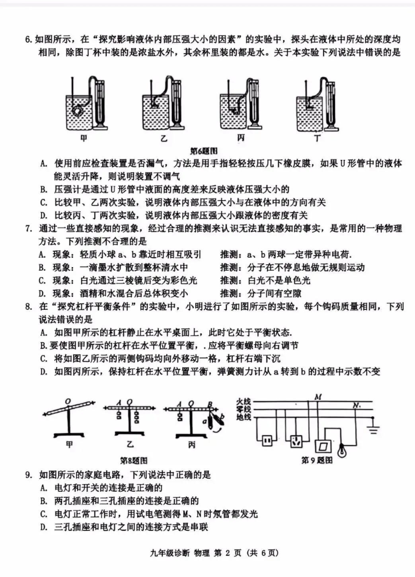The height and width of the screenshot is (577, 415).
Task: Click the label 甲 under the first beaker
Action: pos(84,138)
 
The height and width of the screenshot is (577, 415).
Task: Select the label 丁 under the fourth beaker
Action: pos(317,138)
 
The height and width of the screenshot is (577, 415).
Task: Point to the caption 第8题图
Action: pos(134,460)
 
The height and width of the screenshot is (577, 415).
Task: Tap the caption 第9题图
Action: pos(316,460)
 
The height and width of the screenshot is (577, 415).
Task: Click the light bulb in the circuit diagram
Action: pos(341,450)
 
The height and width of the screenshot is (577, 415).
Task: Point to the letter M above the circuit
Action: pos(318,397)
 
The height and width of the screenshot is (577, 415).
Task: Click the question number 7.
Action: pos(28,229)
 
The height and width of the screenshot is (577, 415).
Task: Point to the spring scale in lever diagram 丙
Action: pos(217,419)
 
